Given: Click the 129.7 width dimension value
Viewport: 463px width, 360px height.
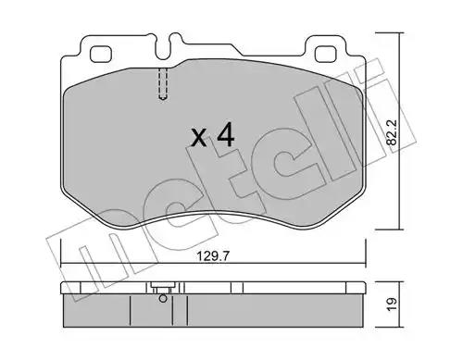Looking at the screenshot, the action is [213, 256].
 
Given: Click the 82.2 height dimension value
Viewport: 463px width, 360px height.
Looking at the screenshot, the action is [392, 132].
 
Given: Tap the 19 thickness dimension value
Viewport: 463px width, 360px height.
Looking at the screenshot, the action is [392, 304].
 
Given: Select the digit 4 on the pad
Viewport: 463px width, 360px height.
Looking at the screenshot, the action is [226, 134].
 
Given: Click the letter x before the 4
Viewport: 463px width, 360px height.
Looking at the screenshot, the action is [199, 138].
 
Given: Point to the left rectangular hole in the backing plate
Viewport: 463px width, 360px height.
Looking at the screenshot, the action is [100, 54].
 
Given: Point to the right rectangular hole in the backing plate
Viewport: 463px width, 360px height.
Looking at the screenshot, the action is [326, 54].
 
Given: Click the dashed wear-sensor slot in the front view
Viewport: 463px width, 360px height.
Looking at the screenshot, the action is [163, 83].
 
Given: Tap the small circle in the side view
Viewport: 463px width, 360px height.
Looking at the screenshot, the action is [163, 299].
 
